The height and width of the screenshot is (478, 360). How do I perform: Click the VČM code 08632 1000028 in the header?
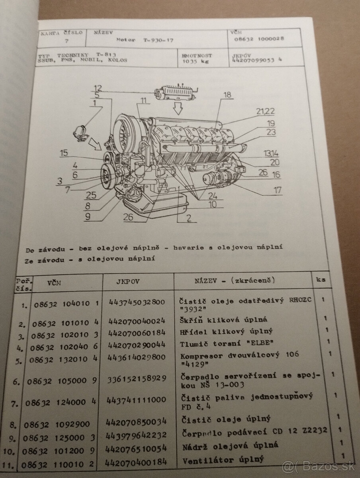pyautogui.click(x=259, y=39)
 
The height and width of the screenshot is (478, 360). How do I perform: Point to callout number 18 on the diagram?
pyautogui.click(x=227, y=95)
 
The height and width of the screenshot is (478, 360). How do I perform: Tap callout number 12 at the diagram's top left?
pyautogui.click(x=98, y=88)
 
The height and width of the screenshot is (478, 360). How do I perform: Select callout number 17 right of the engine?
pyautogui.click(x=277, y=190)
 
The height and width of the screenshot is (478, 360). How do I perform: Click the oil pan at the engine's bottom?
pyautogui.click(x=155, y=207)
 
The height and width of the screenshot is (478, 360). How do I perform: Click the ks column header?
pyautogui.click(x=321, y=279)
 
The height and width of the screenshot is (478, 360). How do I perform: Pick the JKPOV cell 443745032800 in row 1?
pyautogui.click(x=135, y=302)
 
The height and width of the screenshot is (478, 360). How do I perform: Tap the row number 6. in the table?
pyautogui.click(x=17, y=382)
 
